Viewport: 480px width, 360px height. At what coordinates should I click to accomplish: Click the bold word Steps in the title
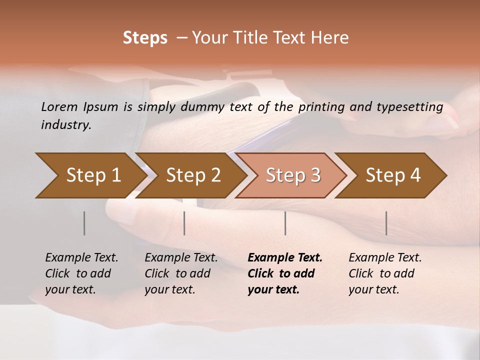145,37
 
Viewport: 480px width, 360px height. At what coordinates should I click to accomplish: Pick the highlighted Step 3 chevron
293,175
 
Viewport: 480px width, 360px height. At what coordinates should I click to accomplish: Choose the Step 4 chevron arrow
393,175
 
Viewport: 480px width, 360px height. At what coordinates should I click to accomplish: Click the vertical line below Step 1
84,223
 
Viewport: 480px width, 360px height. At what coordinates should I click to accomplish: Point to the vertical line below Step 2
184,223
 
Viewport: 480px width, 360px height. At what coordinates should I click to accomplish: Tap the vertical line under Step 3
285,223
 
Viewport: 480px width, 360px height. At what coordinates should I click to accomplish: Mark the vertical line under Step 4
386,223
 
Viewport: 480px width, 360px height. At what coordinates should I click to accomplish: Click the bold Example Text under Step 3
285,257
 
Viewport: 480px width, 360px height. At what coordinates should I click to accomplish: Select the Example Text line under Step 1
81,257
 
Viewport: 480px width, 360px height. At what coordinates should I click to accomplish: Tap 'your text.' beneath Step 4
373,289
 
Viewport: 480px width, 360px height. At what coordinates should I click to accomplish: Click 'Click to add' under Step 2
177,273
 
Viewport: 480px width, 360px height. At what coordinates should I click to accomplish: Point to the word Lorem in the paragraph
59,106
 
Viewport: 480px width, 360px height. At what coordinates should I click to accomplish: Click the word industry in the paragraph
66,125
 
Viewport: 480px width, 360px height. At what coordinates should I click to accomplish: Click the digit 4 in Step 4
415,175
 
